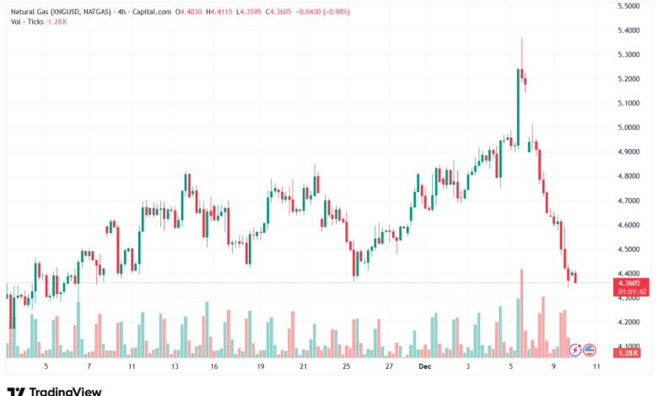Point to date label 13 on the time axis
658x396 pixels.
tap(175, 367)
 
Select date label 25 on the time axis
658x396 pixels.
tap(346, 367)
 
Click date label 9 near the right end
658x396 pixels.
tap(553, 367)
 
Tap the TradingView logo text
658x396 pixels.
tap(65, 390)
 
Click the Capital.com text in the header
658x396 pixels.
tap(152, 12)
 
